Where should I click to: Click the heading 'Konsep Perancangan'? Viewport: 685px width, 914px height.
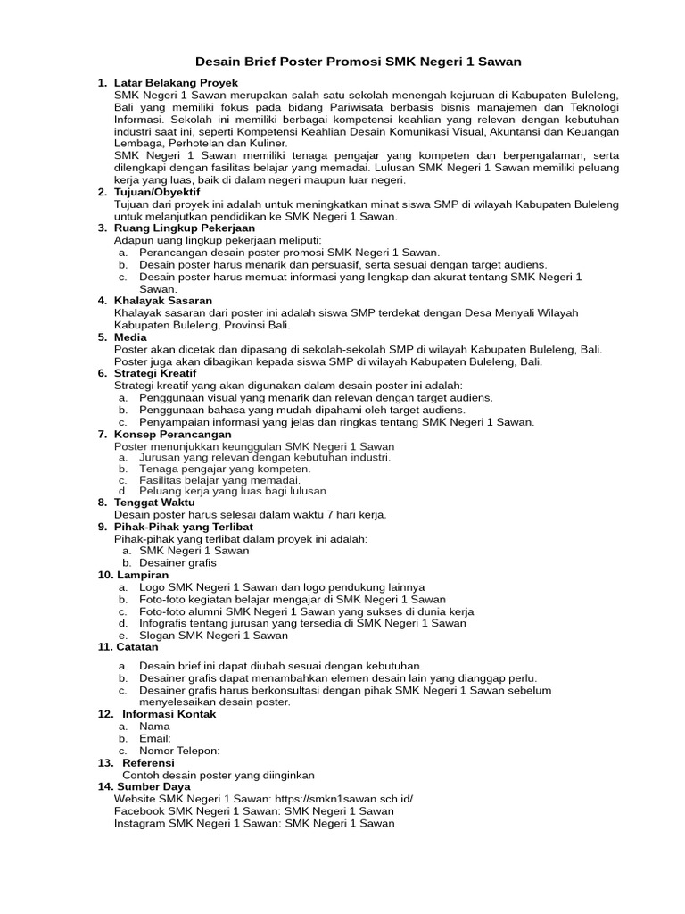(x=170, y=434)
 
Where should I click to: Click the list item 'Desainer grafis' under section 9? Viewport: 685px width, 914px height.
(x=177, y=563)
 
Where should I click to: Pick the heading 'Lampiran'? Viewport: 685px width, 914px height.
(x=141, y=576)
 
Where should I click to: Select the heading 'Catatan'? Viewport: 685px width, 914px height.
(x=140, y=647)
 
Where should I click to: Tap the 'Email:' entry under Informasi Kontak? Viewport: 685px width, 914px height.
(x=155, y=739)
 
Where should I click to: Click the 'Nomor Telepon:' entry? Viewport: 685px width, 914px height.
(x=179, y=751)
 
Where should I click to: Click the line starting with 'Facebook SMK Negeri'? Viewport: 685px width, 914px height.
(x=253, y=811)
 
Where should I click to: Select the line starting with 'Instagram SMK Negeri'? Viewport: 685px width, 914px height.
(x=253, y=824)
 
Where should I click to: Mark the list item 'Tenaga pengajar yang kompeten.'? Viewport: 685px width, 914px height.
(x=225, y=469)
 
